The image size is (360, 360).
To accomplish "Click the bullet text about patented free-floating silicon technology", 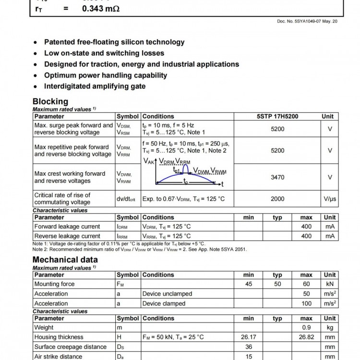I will [x=114, y=42].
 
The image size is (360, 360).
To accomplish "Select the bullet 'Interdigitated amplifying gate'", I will [x=95, y=86].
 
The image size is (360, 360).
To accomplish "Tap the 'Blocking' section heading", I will [x=50, y=101].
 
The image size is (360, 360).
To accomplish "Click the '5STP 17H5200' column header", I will [x=277, y=116].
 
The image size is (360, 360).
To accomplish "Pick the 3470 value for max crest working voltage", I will [x=277, y=177].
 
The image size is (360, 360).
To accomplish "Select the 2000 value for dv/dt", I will [x=277, y=199].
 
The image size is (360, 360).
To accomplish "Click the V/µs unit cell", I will [x=330, y=199].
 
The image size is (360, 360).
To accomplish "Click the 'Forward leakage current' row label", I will [x=67, y=227].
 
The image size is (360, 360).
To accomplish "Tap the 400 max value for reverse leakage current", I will [x=306, y=236].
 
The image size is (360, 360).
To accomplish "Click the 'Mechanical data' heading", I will [x=65, y=260].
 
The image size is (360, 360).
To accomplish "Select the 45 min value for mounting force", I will [x=249, y=284].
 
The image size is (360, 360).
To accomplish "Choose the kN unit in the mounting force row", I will [x=330, y=284].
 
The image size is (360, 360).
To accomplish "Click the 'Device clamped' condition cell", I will [x=164, y=303].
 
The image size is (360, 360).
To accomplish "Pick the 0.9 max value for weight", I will [x=306, y=327].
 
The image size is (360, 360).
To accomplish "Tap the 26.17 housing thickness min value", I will [x=249, y=337].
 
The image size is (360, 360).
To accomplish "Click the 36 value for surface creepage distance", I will [x=249, y=347].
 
